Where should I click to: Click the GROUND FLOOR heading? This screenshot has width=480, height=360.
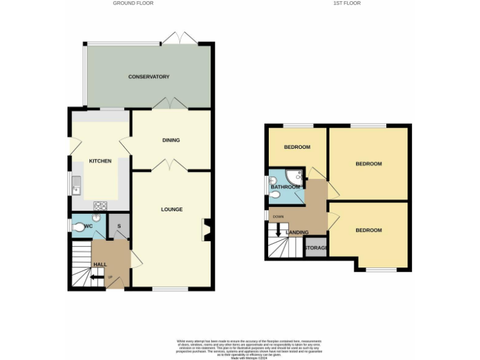click(x=132, y=3)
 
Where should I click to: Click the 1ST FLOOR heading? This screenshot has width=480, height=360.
click(x=346, y=3)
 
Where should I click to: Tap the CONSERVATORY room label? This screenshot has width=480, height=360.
click(x=149, y=77)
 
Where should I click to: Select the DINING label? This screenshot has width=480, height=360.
click(x=171, y=140)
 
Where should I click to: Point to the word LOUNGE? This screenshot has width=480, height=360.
click(x=171, y=209)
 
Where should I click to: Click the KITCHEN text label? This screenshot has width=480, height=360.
click(x=100, y=161)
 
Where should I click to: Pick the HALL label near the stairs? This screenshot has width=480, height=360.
click(x=99, y=265)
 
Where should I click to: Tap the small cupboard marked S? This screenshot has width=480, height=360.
click(x=119, y=227)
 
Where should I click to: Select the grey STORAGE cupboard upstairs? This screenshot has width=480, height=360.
click(x=316, y=248)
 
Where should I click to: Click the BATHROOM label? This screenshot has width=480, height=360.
click(x=285, y=187)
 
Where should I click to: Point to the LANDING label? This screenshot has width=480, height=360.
click(x=297, y=232)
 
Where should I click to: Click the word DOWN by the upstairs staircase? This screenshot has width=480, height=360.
click(x=277, y=217)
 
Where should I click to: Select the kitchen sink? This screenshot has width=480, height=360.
click(x=76, y=184)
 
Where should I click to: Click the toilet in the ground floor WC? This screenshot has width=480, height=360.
click(x=79, y=229)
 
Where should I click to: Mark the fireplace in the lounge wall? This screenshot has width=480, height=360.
click(x=206, y=229)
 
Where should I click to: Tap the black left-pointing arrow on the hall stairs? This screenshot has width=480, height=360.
click(x=94, y=278)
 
